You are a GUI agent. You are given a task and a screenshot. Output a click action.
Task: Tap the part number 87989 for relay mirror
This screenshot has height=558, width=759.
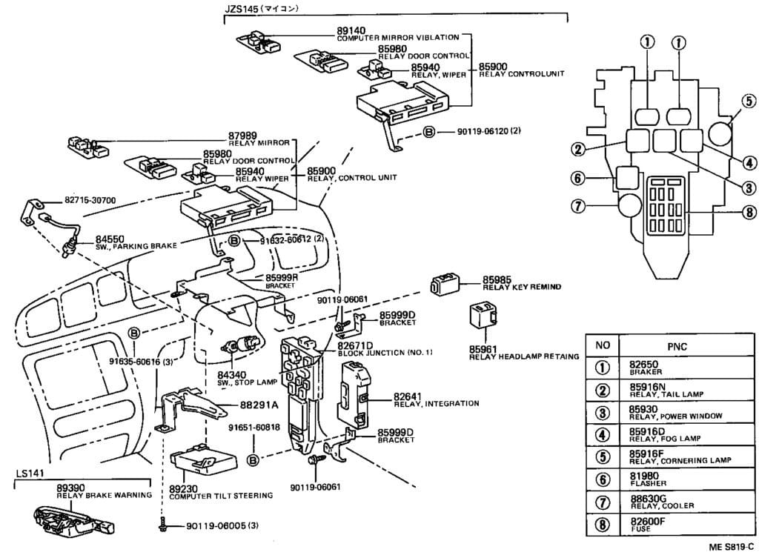tap(242, 135)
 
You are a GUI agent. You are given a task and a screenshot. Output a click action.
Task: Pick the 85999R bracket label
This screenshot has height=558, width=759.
tap(282, 278)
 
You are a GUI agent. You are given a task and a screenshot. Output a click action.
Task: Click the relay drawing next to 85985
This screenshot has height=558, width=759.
tap(443, 282)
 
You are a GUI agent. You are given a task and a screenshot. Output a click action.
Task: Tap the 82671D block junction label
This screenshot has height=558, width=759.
tap(354, 345)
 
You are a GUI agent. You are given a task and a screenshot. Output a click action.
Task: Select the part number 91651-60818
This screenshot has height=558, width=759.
tap(253, 427)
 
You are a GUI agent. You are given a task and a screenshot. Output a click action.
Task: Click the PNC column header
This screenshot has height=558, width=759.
tap(676, 345)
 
